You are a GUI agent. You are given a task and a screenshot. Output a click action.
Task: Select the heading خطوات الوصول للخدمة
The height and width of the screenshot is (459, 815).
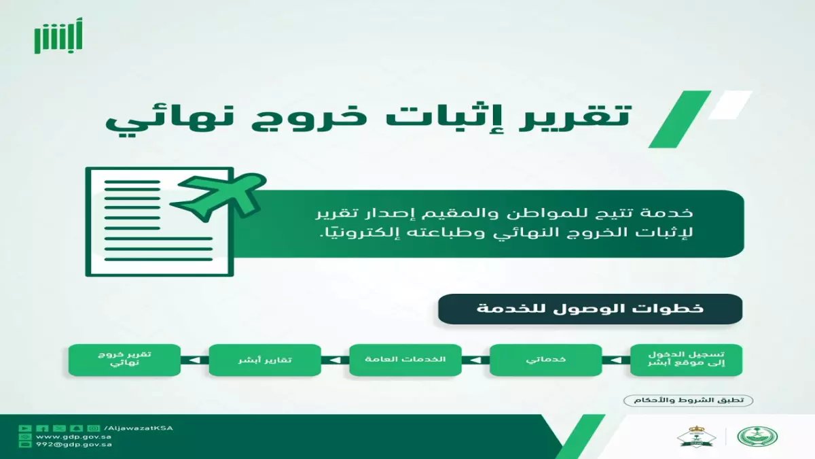pos(590,309)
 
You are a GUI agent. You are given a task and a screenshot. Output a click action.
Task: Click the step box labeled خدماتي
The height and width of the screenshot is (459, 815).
pos(545,360)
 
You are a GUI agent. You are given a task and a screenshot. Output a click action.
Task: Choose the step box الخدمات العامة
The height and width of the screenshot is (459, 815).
pos(405,360)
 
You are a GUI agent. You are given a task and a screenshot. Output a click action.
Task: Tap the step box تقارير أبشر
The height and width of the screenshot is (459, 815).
pos(264,360)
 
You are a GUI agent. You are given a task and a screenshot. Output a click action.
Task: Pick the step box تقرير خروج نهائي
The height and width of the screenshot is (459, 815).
pos(124,360)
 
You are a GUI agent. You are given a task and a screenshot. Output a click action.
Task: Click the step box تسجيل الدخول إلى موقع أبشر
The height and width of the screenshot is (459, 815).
pos(686,360)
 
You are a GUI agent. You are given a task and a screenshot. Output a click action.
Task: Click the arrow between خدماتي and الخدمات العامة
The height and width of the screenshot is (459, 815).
pos(475,360)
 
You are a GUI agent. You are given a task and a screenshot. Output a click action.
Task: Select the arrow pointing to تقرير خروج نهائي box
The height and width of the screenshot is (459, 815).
pos(194,360)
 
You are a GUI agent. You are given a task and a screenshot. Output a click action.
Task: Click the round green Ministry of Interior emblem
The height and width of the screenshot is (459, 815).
pos(767,436)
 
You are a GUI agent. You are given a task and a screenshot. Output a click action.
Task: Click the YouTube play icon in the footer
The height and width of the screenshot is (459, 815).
pos(25,428)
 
